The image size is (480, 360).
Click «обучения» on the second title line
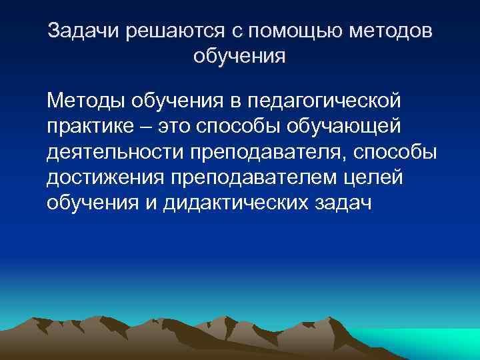tap(239, 57)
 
